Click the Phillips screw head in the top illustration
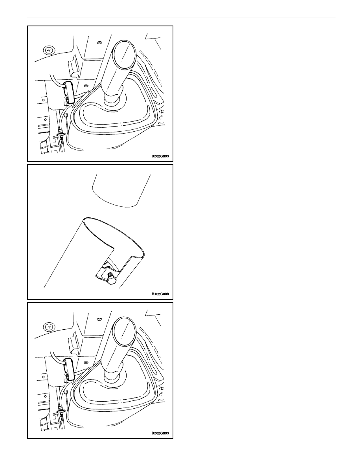(48, 50)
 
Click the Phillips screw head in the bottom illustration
(48, 327)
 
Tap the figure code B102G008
(160, 294)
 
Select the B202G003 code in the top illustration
(160, 156)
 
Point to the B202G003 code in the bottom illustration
(160, 433)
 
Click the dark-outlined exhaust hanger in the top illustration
(69, 92)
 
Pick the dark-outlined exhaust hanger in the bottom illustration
(69, 369)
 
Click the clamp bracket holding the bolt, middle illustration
(107, 270)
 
